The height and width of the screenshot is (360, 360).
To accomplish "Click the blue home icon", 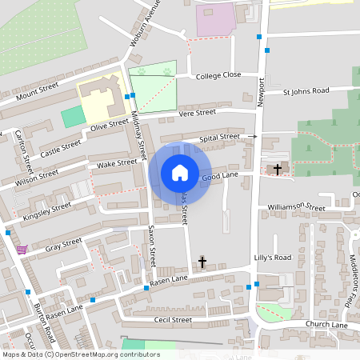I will pos(180,172).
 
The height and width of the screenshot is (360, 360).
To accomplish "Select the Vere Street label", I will pos(198,114).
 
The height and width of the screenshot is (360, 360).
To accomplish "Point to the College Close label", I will pos(218,74).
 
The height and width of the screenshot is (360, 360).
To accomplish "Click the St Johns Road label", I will pos(306,92).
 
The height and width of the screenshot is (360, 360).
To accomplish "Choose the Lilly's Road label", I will pos(272,258).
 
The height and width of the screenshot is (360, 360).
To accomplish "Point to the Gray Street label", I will pos(63,244).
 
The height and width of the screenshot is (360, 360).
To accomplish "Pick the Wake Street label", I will pos(117,163).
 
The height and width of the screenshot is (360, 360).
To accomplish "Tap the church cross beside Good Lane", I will pos(278,169).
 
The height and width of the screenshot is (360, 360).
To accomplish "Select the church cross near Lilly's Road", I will pos(202,262).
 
